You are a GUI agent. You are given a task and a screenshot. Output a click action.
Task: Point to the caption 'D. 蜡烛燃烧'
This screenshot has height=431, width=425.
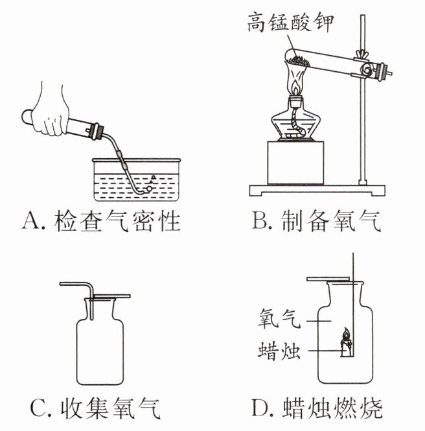click(x=317, y=408)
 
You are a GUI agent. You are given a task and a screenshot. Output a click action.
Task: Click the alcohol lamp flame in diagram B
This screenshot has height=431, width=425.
click(x=297, y=85)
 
